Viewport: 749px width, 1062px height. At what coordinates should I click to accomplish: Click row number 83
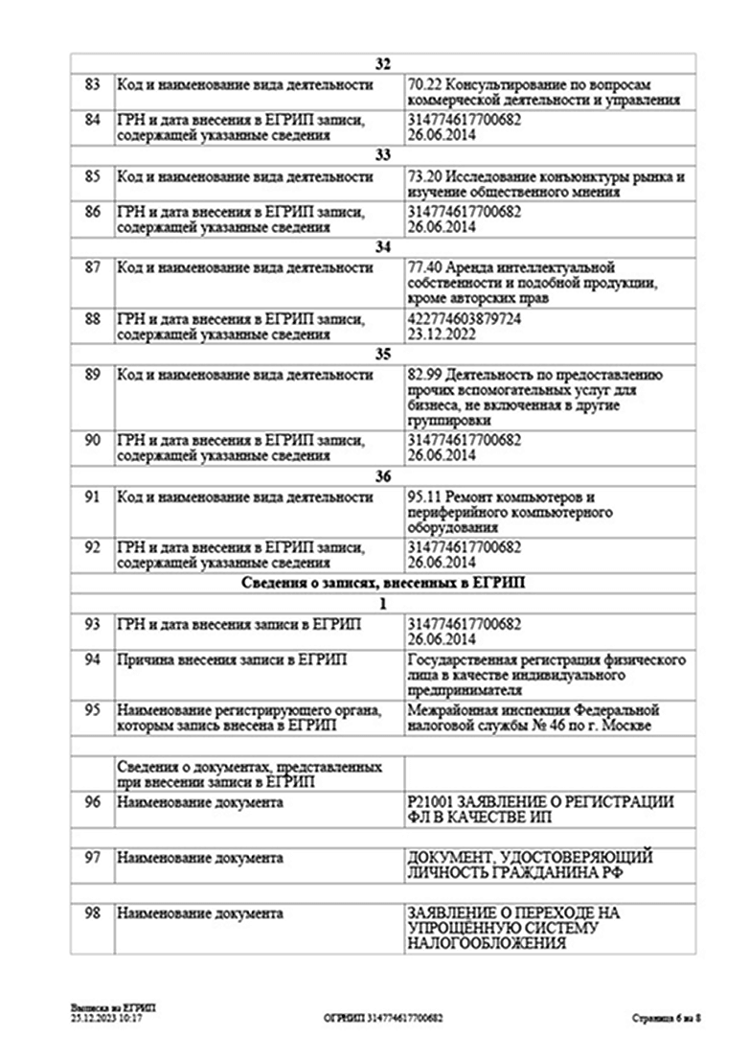(x=92, y=84)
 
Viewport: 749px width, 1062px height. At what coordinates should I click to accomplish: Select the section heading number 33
(x=383, y=155)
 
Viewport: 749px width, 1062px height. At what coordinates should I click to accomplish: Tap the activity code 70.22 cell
(x=544, y=92)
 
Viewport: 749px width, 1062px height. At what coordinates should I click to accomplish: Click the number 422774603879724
(x=465, y=320)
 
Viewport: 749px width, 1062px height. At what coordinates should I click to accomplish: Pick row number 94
(x=92, y=660)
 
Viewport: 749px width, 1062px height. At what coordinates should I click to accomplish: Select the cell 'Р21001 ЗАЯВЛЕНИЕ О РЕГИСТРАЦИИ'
(x=540, y=809)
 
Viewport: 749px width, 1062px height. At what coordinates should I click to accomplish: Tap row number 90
(x=92, y=440)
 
